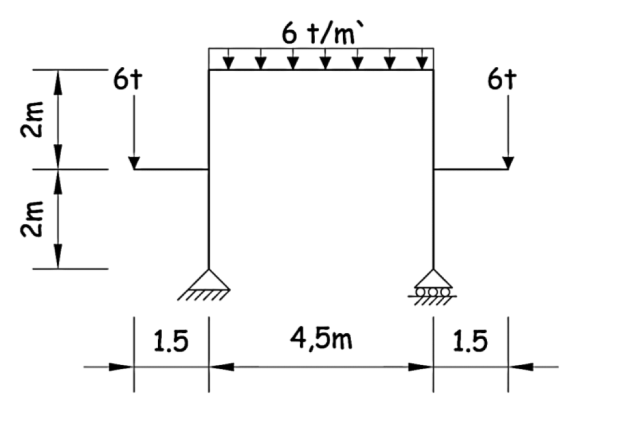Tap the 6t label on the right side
click(x=502, y=81)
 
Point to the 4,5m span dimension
click(x=321, y=339)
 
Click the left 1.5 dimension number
click(x=171, y=342)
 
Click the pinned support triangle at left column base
click(x=209, y=280)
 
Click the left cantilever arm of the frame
click(x=171, y=170)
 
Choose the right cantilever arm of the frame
click(x=471, y=170)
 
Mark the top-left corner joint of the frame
click(x=209, y=70)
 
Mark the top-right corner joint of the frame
click(x=433, y=70)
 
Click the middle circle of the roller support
click(x=433, y=291)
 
